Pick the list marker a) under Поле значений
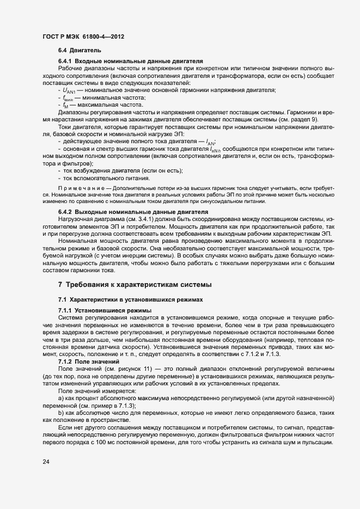coord(61,398)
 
